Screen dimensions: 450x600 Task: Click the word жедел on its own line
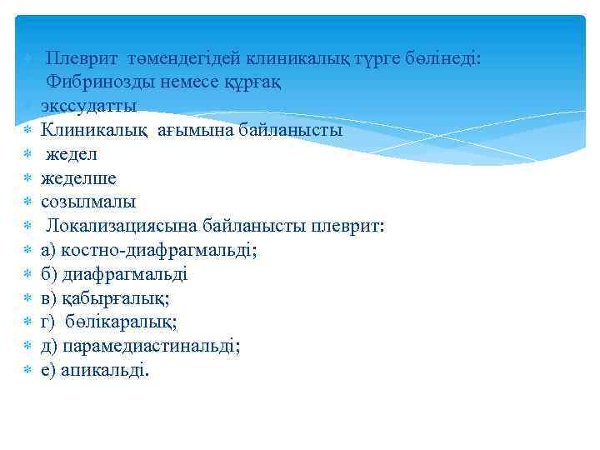click(72, 154)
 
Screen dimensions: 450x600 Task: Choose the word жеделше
click(78, 178)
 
